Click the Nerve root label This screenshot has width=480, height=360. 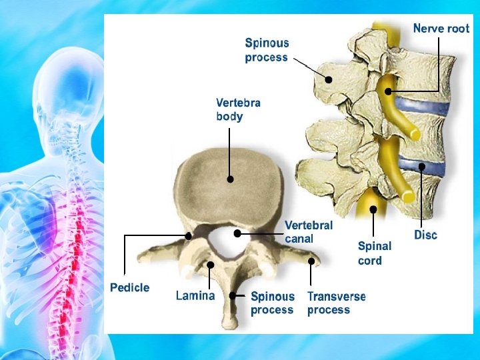coord(441,29)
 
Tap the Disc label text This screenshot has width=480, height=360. coord(425,235)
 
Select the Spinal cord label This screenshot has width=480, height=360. coord(374,253)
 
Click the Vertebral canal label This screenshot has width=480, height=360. coord(308,232)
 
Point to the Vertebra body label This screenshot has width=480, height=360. coord(238,110)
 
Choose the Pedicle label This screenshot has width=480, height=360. coord(129,288)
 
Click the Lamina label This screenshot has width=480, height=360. coord(195,295)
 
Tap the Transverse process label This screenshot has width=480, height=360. coord(336,303)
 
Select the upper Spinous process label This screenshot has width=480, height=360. coord(267,50)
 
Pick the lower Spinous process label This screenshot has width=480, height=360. coord(272,303)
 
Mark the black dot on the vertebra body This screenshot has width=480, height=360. coord(230,179)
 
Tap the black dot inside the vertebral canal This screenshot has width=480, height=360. coord(237,233)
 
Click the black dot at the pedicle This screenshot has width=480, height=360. coord(189,235)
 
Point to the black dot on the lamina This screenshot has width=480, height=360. coord(210,265)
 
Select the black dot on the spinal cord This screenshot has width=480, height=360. coord(373,209)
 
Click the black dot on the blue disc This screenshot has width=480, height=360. coord(421,167)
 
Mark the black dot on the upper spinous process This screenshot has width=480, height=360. coord(328,79)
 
